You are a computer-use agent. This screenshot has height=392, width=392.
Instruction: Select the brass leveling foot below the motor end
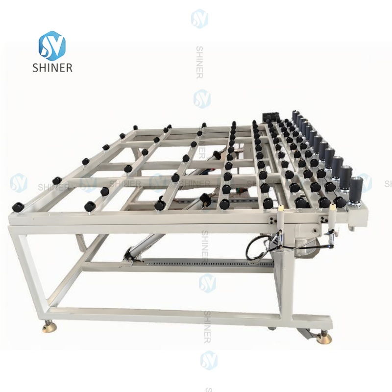pyautogui.click(x=323, y=338)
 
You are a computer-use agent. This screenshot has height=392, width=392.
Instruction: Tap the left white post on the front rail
pyautogui.click(x=281, y=216)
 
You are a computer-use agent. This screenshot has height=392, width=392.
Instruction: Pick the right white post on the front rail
pyautogui.click(x=332, y=216)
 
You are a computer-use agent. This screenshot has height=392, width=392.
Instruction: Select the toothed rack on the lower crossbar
pyautogui.click(x=206, y=263)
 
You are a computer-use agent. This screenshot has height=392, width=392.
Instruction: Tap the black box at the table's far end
pyautogui.click(x=269, y=118)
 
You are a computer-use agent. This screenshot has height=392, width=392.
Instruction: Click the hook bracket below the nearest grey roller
pyautogui.click(x=354, y=225)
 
